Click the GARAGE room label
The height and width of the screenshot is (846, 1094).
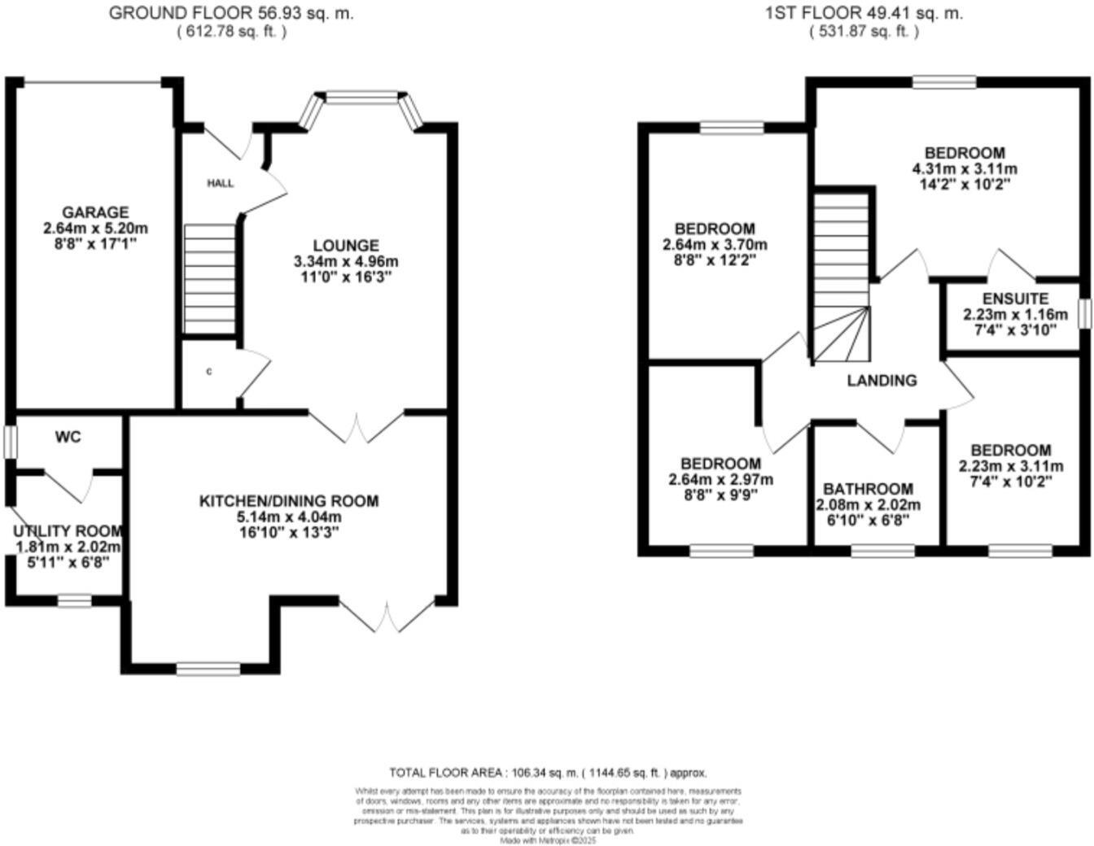(x=95, y=213)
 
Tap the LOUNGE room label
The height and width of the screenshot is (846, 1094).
(x=346, y=246)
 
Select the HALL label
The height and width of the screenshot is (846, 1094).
(x=220, y=184)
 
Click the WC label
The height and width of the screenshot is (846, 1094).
(x=68, y=438)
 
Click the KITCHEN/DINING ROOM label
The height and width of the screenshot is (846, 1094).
(x=289, y=501)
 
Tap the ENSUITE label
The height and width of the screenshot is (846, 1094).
(x=1015, y=299)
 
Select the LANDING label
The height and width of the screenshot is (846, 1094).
(x=882, y=381)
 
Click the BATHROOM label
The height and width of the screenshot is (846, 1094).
(x=868, y=489)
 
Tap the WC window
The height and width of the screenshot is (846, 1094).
(x=10, y=443)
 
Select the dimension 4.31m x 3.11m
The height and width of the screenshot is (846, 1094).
(x=965, y=169)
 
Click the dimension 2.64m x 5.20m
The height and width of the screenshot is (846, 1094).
(x=95, y=229)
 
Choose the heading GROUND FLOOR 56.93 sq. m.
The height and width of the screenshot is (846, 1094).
(x=231, y=13)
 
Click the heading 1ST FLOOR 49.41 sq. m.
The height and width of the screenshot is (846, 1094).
(x=864, y=13)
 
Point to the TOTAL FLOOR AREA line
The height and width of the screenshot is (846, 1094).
(x=547, y=773)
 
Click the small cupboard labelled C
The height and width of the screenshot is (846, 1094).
(x=209, y=373)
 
